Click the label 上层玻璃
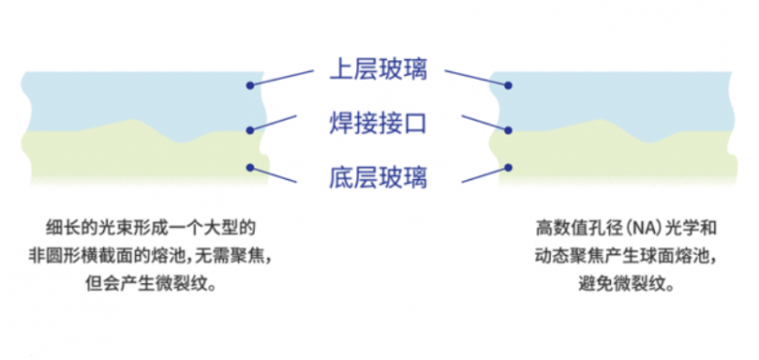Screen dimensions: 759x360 click(x=379, y=70)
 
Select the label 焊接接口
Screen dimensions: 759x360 click(x=379, y=124)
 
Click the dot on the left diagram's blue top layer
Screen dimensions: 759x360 click(x=251, y=87)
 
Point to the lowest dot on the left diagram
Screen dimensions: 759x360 click(x=251, y=167)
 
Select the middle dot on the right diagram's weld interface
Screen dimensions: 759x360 click(x=506, y=129)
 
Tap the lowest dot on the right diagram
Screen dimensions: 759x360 click(x=506, y=167)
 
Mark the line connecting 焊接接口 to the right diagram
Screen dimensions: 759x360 click(x=484, y=123)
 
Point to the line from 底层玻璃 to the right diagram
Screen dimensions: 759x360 click(x=484, y=174)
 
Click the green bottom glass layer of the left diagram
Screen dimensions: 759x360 click(x=117, y=161)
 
